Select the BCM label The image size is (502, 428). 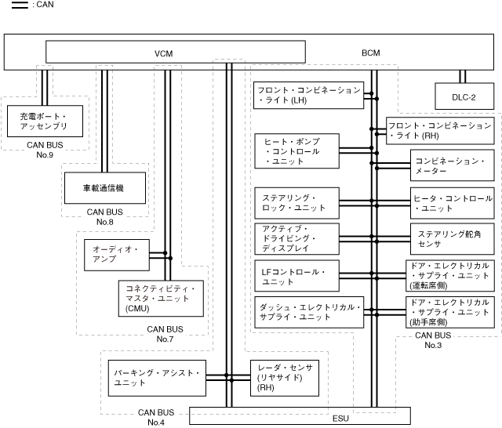370,53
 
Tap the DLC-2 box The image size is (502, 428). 464,97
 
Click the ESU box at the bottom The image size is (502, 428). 340,417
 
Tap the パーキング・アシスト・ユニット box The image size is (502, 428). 158,377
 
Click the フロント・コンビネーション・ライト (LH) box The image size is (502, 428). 308,95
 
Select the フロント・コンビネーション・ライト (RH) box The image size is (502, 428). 441,130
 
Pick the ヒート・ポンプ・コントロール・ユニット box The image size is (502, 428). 296,150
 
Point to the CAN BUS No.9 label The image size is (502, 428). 44,150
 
